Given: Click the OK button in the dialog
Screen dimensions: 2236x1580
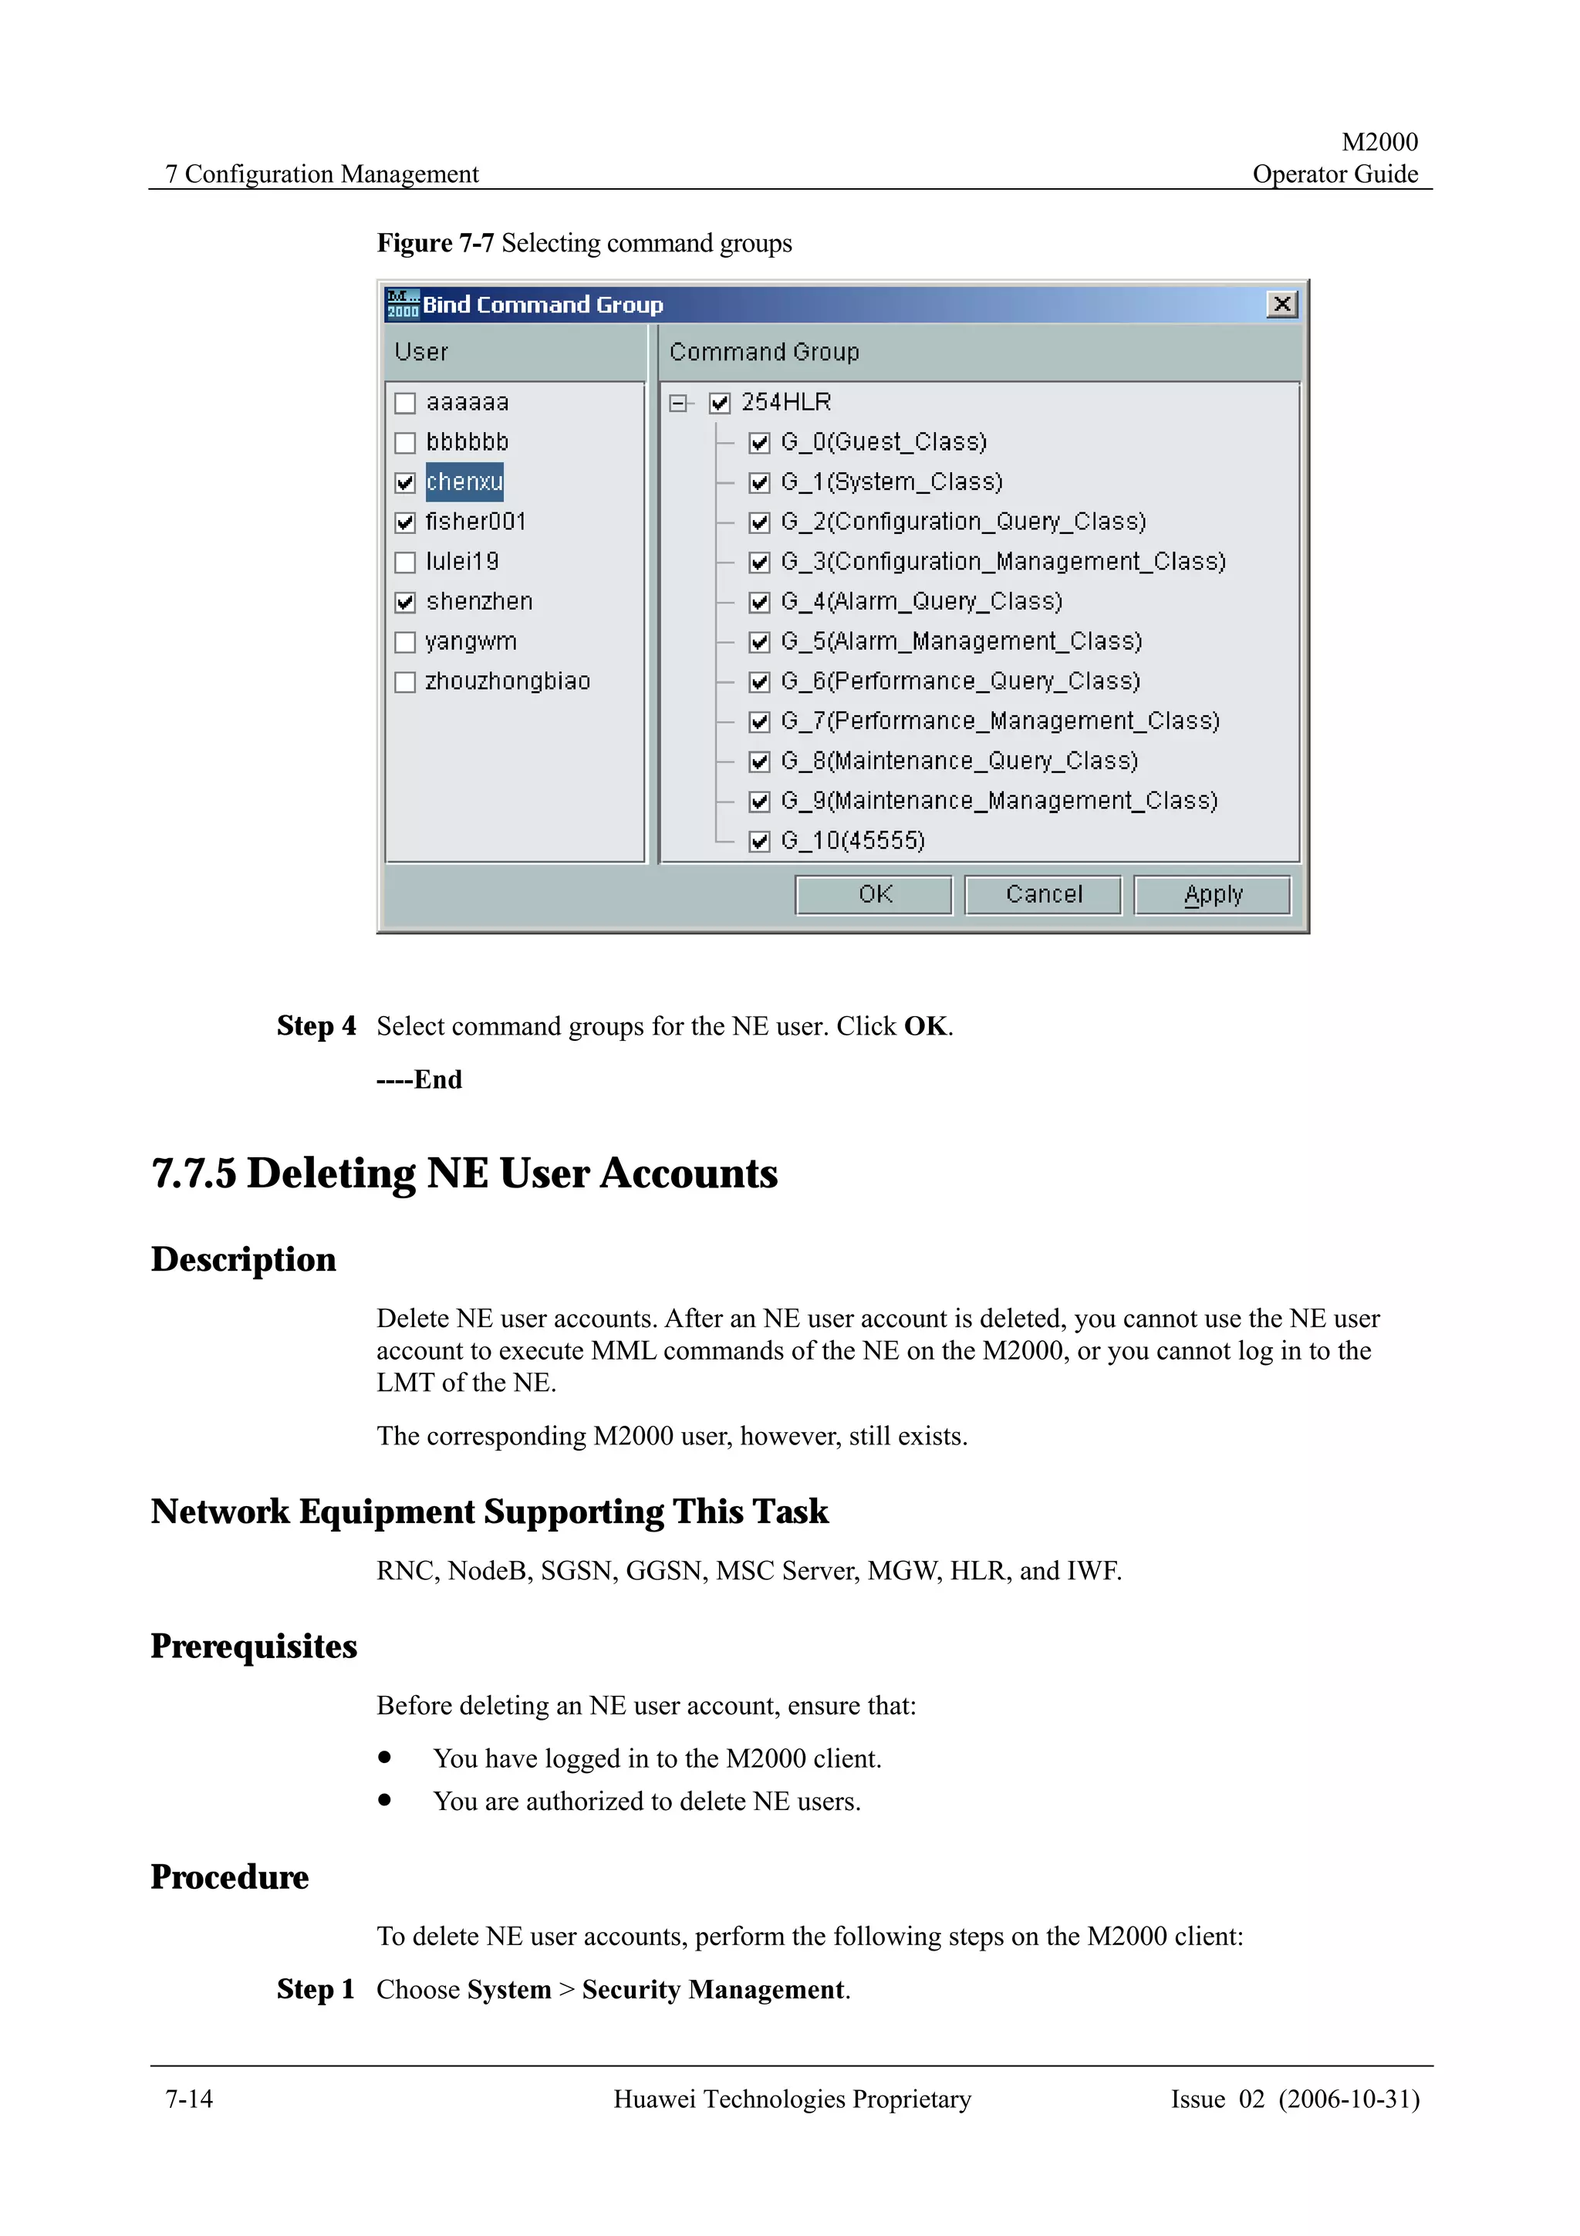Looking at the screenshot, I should [x=873, y=894].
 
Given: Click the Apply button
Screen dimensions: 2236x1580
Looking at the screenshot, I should [x=1212, y=894].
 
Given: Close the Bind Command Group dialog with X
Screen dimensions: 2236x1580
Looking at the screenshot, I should [x=1282, y=304].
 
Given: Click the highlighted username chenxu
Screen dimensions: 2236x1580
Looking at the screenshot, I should [x=464, y=482].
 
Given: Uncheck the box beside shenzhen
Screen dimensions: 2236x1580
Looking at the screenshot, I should [x=405, y=603].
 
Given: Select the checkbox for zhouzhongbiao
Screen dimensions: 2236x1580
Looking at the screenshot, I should [x=405, y=683].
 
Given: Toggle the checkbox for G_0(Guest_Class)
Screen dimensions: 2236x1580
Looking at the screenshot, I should [x=759, y=443].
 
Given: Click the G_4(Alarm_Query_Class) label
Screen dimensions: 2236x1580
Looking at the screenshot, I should [x=921, y=602].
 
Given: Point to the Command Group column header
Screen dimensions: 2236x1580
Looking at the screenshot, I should [x=765, y=352].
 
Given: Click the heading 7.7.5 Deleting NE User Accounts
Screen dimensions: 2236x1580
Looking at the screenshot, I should [x=464, y=1173].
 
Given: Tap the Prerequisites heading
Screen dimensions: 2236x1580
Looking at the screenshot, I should [x=254, y=1646].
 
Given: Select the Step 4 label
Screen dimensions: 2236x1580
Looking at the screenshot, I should [x=316, y=1025].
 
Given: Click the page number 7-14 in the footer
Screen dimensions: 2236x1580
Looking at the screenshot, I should [x=189, y=2099].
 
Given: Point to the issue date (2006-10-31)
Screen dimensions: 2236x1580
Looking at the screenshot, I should [x=1349, y=2099].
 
